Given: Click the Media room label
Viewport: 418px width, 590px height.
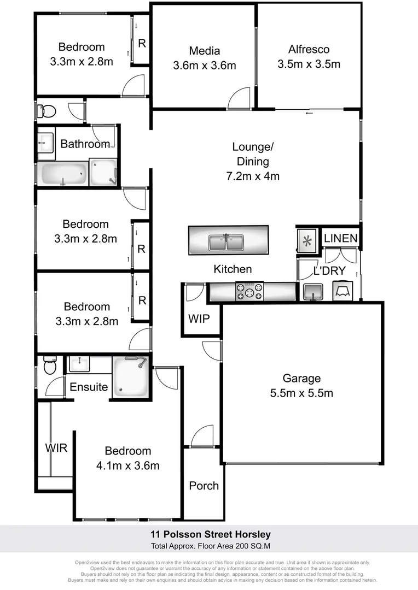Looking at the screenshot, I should [205, 51].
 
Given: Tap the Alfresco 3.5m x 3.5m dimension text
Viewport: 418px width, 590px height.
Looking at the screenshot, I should [309, 64].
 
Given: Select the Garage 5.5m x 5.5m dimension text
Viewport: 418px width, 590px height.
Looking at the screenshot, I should [301, 393].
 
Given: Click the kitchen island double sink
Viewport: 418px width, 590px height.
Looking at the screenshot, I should [228, 241].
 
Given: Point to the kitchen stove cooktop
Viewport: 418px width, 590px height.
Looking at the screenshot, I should [249, 291].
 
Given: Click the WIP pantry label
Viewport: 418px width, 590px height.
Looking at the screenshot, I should [199, 318].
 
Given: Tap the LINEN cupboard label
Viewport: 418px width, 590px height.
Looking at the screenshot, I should [341, 238].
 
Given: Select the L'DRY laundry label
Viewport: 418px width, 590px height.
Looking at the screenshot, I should [329, 271].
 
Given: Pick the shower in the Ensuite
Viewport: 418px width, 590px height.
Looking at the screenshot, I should [130, 376].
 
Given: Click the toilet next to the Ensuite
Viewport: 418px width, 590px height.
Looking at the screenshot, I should [49, 365].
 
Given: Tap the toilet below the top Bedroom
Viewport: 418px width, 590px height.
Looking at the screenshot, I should [47, 111].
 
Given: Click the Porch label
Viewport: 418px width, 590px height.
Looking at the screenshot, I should [204, 486].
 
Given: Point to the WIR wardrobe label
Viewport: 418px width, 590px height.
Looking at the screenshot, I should [56, 448].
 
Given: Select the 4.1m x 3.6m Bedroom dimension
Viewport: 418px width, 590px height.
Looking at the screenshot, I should [128, 465].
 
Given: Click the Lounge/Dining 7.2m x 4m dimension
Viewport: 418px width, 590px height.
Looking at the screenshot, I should [253, 176].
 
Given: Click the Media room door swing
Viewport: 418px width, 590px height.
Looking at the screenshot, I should [240, 99].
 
